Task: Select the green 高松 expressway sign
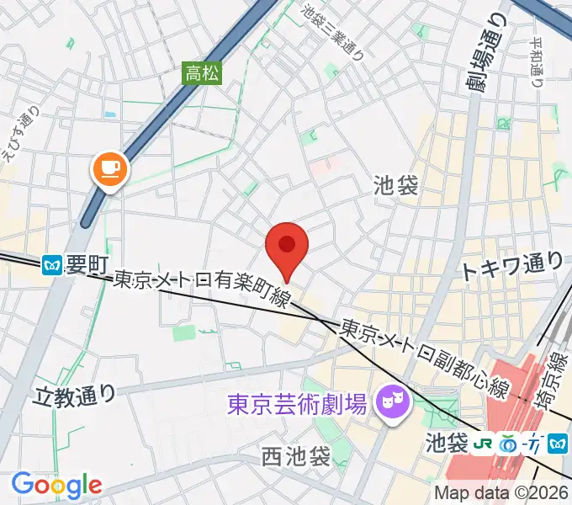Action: pos(203,73)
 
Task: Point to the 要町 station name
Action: pos(85,266)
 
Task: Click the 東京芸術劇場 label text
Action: pos(298,406)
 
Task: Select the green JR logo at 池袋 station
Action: pos(483,441)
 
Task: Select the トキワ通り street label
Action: pos(511,268)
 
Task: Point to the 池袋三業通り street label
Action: pos(333,33)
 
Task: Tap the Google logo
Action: pos(56,484)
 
